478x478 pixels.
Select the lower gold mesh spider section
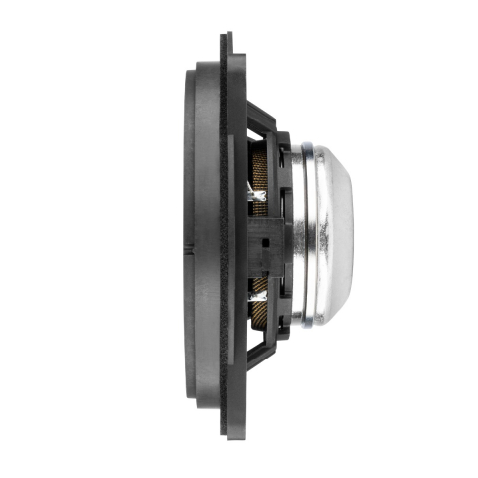(261, 304)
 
